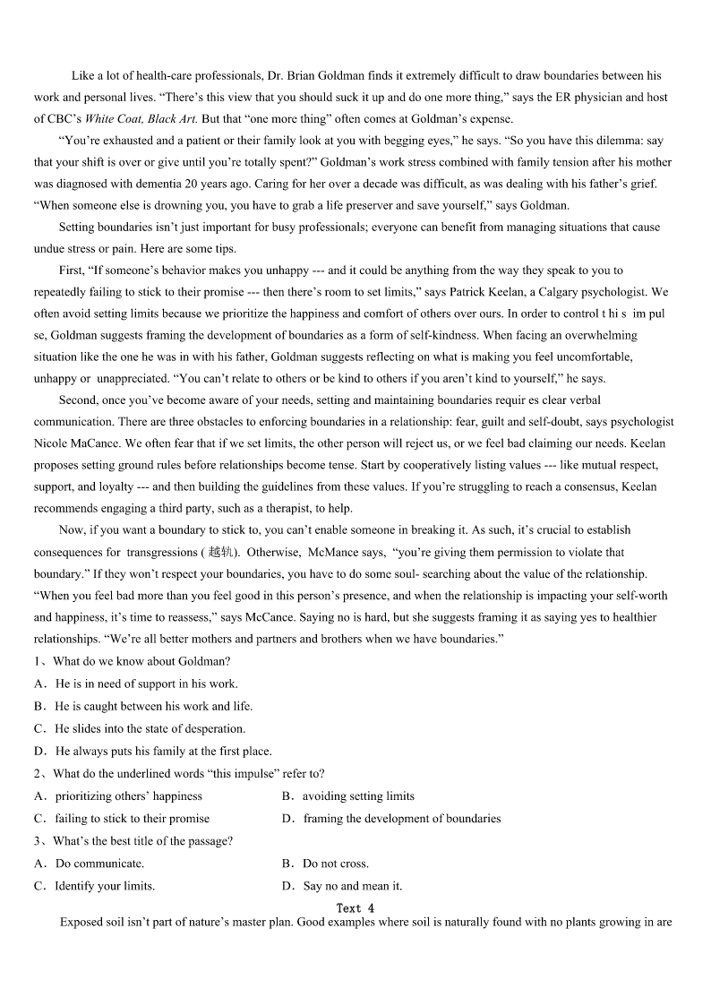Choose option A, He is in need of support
pyautogui.click(x=146, y=684)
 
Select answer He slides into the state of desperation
pyautogui.click(x=150, y=728)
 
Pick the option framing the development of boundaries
pyautogui.click(x=401, y=818)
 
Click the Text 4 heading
pyautogui.click(x=355, y=907)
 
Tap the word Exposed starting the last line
pyautogui.click(x=81, y=921)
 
